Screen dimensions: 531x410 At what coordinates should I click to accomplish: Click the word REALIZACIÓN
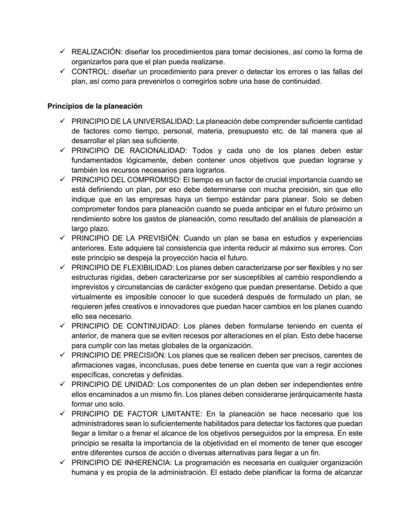point(96,52)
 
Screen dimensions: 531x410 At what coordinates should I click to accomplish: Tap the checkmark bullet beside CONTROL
point(61,71)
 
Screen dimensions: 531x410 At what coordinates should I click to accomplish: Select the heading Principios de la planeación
point(95,106)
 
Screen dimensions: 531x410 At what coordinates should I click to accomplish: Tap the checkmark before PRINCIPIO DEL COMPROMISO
point(61,179)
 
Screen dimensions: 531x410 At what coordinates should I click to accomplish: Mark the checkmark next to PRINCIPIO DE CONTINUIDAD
point(61,326)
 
